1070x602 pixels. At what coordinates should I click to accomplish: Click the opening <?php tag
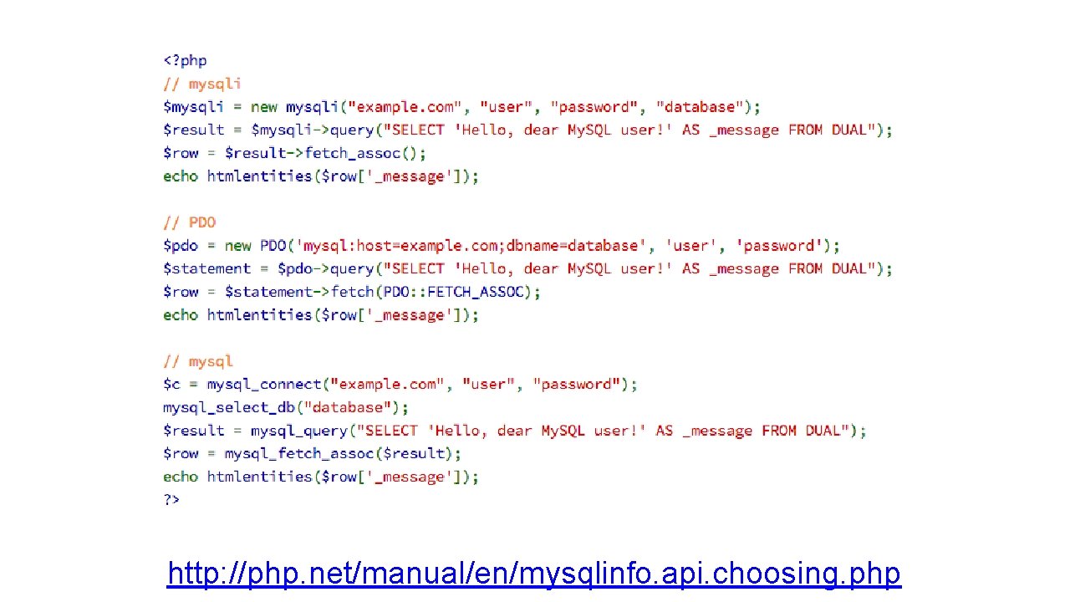tap(185, 60)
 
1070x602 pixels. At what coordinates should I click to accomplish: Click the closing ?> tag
tap(171, 499)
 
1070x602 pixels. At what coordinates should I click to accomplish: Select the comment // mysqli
tap(202, 84)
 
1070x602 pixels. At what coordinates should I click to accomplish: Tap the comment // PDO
tap(190, 222)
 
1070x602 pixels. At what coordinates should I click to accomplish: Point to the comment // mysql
tap(198, 361)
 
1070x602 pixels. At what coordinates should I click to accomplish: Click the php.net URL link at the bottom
tap(533, 574)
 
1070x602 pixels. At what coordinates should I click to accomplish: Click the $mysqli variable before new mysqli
tap(193, 107)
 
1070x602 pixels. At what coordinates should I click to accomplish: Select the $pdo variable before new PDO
tap(181, 246)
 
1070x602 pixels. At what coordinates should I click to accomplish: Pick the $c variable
tap(171, 385)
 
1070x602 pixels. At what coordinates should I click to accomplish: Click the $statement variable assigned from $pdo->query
tap(206, 268)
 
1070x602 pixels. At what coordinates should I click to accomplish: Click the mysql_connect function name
tap(264, 385)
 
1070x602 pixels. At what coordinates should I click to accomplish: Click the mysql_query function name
tap(299, 431)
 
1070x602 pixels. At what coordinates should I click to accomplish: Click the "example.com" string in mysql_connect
tap(388, 385)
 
